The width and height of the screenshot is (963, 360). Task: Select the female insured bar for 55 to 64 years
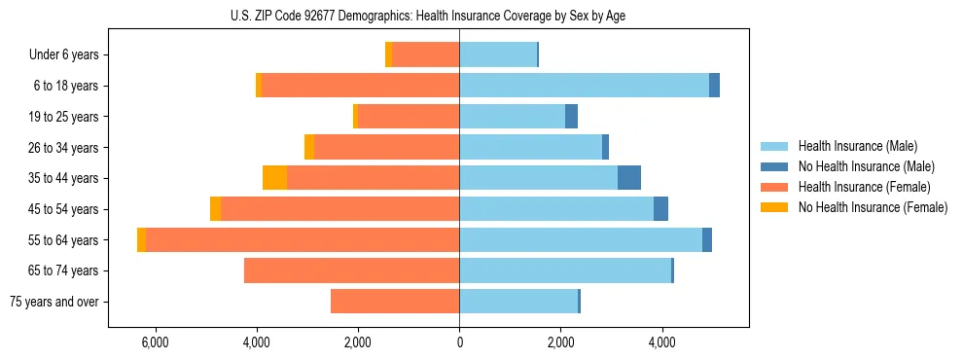click(302, 239)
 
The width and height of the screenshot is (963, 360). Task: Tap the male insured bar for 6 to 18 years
click(584, 86)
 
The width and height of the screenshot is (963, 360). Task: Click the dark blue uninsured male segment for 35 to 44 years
click(629, 178)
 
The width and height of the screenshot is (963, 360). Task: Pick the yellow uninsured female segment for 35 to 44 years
click(274, 178)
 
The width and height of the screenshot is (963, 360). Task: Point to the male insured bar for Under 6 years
click(498, 54)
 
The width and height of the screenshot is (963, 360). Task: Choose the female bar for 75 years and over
click(395, 302)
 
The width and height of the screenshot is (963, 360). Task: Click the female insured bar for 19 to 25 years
click(409, 117)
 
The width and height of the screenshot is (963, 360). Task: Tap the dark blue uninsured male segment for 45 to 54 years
click(660, 209)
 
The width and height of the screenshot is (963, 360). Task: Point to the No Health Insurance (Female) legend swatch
click(774, 207)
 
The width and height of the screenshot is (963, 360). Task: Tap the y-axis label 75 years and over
click(54, 302)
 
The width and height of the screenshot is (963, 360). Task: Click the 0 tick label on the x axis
click(459, 342)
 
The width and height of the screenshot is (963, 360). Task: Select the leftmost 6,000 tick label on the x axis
click(156, 342)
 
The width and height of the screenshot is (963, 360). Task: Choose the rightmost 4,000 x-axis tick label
click(662, 342)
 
